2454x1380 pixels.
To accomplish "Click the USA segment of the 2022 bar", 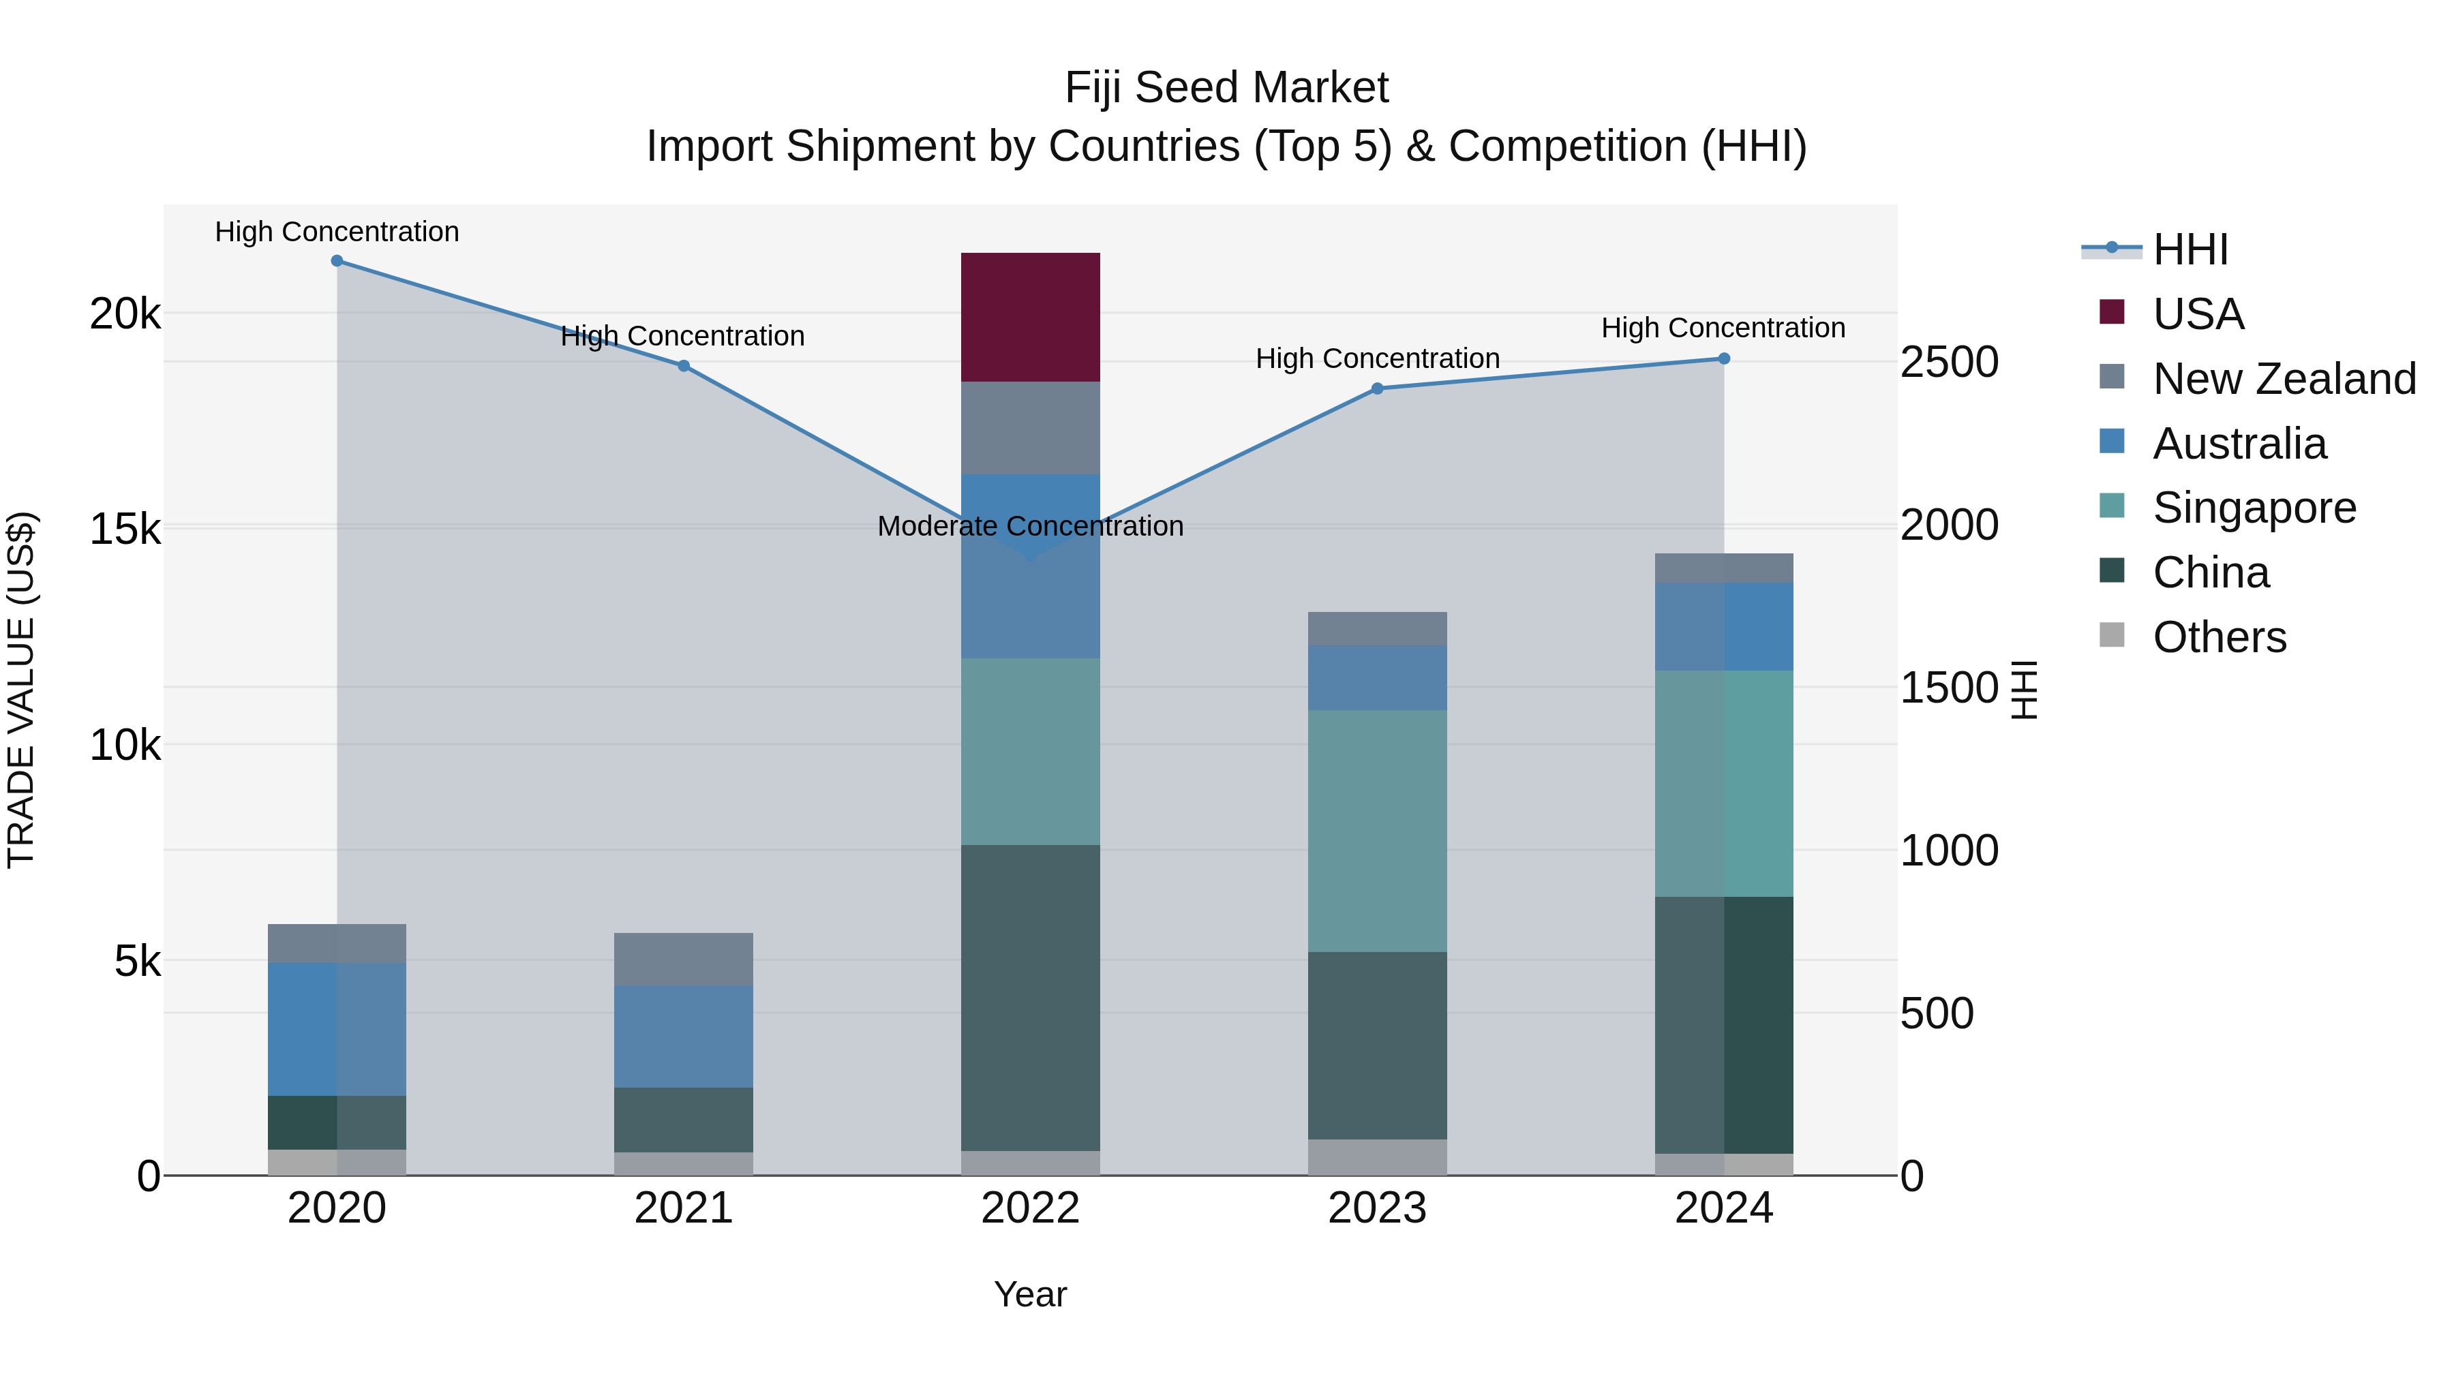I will tap(1030, 317).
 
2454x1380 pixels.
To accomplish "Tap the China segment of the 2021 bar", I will tap(683, 1120).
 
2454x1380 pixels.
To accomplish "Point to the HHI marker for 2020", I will tap(337, 261).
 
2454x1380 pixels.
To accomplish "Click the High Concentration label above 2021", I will tap(682, 336).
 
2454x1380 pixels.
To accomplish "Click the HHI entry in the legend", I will tap(2189, 249).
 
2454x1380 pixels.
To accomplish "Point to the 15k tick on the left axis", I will tap(125, 530).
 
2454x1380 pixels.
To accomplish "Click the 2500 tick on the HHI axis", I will tap(1949, 363).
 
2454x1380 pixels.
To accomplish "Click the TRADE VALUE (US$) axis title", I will tap(21, 690).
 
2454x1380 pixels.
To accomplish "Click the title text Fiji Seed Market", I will tap(1226, 88).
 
